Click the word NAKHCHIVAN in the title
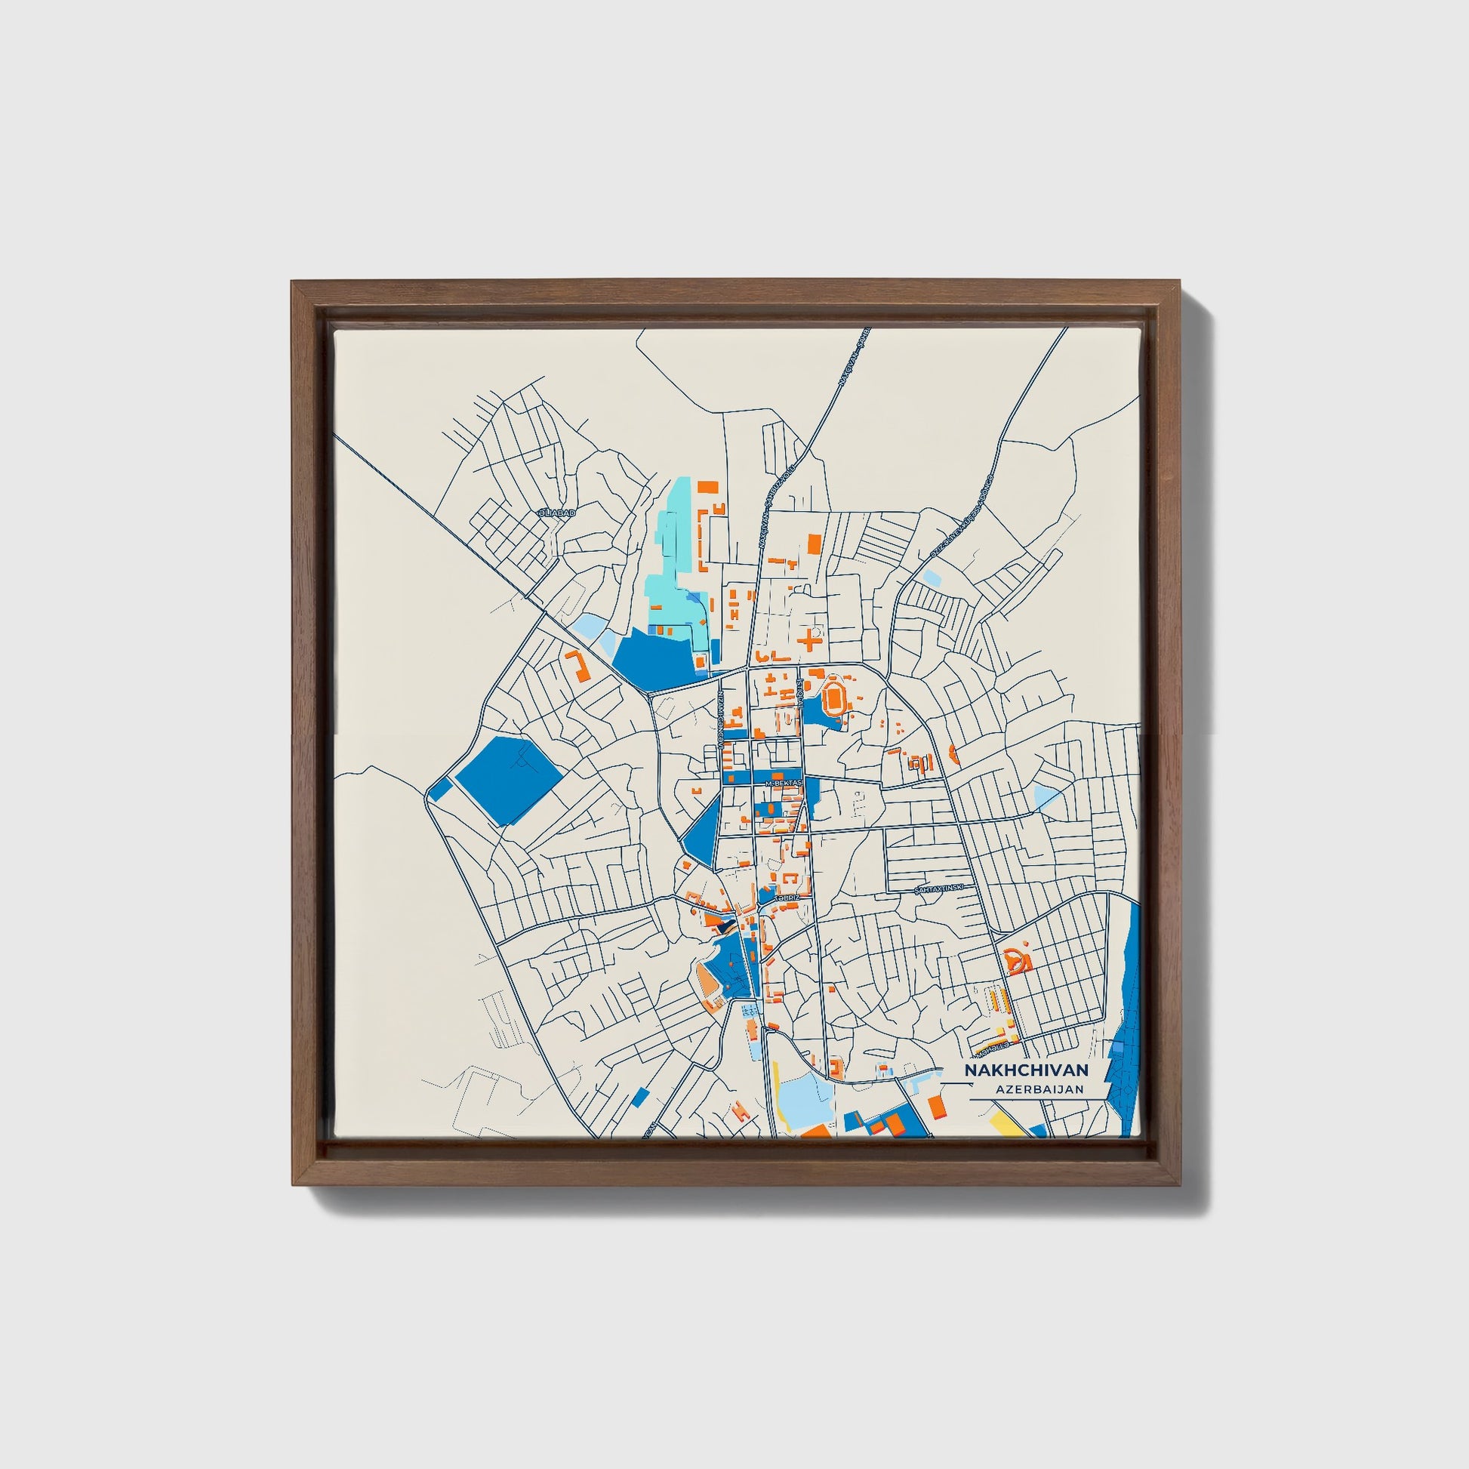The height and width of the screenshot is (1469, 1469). click(x=1026, y=1070)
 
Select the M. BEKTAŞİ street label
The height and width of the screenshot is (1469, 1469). click(x=784, y=783)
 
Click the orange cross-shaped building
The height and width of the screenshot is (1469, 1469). click(x=808, y=639)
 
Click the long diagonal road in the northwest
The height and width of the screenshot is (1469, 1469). click(x=441, y=525)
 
